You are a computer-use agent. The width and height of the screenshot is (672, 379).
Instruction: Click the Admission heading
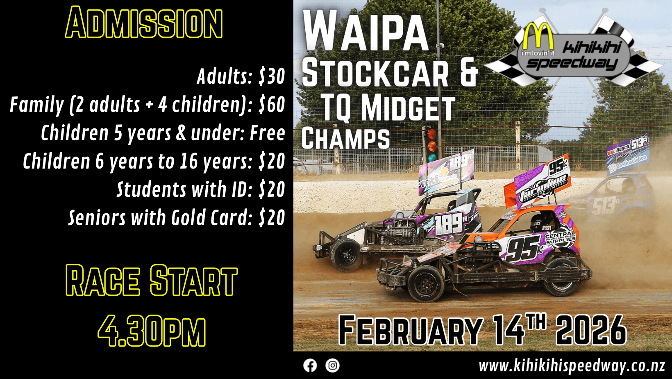click(x=144, y=23)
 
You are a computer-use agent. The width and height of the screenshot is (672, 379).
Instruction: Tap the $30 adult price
click(x=272, y=76)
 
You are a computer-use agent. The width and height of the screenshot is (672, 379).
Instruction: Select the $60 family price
click(x=272, y=105)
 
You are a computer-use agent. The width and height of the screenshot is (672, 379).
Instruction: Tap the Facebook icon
click(x=310, y=365)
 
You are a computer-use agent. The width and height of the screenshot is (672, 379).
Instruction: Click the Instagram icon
click(x=332, y=365)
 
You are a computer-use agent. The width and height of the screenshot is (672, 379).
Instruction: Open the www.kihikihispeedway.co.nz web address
click(x=572, y=366)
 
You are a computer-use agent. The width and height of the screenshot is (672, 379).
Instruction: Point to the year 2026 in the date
click(x=591, y=330)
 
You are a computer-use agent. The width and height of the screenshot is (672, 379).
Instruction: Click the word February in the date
click(x=411, y=330)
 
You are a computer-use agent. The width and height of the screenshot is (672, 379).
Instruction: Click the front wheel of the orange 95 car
click(x=426, y=283)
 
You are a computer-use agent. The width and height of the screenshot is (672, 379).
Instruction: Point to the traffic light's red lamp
click(x=432, y=134)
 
